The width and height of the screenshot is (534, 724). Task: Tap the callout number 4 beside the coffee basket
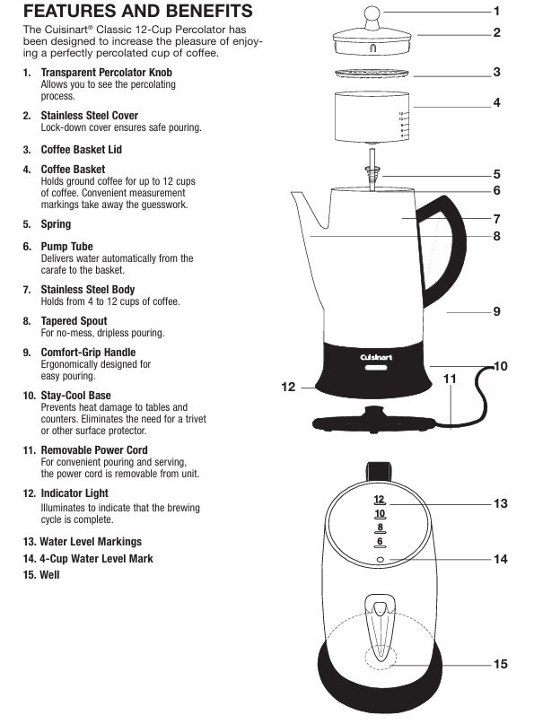(x=496, y=102)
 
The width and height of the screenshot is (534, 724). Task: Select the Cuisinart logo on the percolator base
(x=376, y=357)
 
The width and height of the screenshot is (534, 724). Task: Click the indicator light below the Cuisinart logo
(x=376, y=368)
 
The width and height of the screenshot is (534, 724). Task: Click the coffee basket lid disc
(x=372, y=74)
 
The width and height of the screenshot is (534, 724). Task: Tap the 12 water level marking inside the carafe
(x=380, y=500)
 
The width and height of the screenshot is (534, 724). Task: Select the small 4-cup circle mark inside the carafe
(x=381, y=560)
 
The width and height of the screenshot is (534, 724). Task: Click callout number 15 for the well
(x=500, y=664)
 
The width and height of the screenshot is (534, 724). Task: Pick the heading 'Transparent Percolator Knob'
(x=106, y=73)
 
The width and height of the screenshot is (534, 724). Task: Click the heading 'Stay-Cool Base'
(x=75, y=396)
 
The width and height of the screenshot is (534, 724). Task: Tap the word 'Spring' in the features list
(x=56, y=224)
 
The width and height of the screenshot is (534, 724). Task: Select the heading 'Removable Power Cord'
(x=94, y=449)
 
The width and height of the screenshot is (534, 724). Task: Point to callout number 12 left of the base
(x=288, y=387)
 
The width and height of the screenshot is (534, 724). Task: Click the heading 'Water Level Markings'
(x=91, y=542)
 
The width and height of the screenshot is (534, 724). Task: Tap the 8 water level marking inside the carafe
(x=381, y=528)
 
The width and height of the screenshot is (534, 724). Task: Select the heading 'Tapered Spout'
(x=74, y=321)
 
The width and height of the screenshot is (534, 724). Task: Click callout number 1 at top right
(x=497, y=11)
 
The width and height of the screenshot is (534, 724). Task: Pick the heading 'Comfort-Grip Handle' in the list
(x=88, y=353)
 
